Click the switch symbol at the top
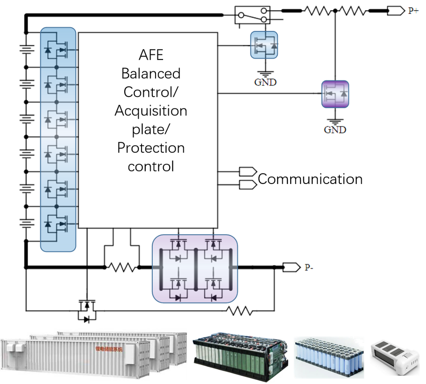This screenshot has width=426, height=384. tap(253, 14)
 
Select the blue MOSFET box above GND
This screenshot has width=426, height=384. tap(264, 45)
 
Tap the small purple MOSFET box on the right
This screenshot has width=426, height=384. tap(335, 94)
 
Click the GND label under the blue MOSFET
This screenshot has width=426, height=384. tap(265, 82)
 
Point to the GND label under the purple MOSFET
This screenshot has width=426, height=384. tap(335, 129)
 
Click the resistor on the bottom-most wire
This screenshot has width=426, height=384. tap(240, 310)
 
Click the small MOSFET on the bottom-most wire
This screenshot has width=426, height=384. tap(87, 309)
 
